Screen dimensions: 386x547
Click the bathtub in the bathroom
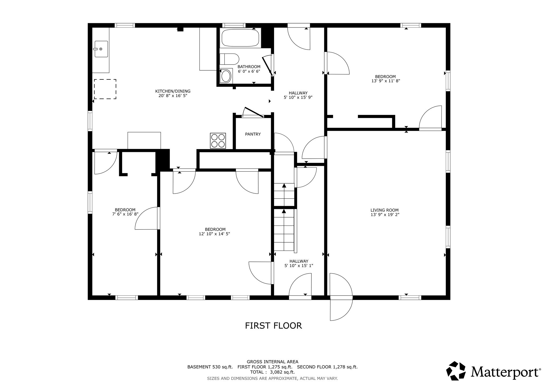click(x=240, y=38)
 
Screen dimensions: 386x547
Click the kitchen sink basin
click(x=101, y=49)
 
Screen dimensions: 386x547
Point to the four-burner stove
click(x=218, y=141)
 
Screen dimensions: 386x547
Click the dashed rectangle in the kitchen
click(x=105, y=89)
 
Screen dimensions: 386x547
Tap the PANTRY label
click(x=253, y=134)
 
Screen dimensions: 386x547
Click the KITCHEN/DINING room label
click(x=173, y=91)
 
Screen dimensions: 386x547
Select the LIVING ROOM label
click(x=385, y=210)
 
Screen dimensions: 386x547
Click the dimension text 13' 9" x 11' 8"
click(x=385, y=81)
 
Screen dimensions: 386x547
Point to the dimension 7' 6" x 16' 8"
click(x=125, y=214)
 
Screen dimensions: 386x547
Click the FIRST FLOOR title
click(x=273, y=326)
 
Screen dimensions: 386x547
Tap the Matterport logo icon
click(x=456, y=371)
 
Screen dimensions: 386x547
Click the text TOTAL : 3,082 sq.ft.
click(x=272, y=372)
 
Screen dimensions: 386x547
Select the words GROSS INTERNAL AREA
click(x=272, y=362)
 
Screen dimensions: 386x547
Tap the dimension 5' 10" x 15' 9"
click(x=298, y=97)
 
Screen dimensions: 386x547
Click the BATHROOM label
click(x=249, y=67)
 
